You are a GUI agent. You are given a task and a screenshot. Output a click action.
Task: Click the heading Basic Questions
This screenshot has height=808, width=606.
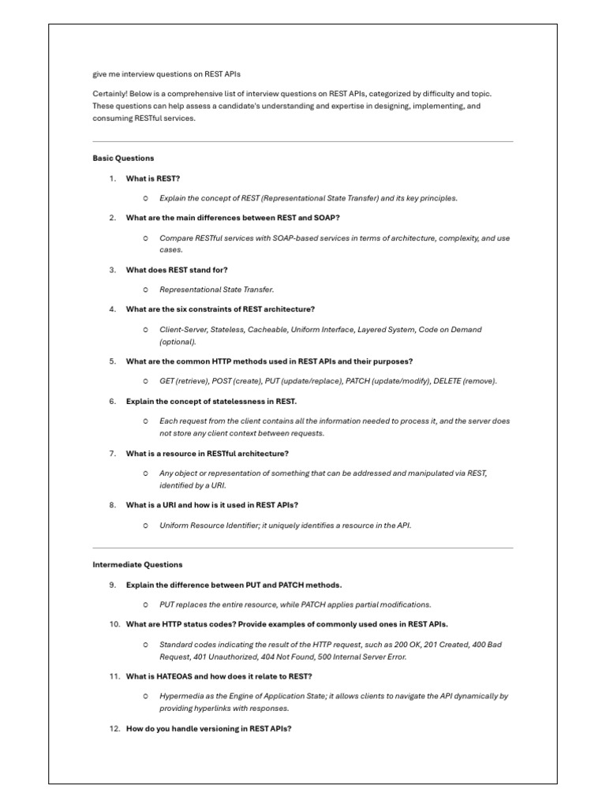123,159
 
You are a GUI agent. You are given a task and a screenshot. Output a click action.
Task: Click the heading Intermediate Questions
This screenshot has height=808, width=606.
137,565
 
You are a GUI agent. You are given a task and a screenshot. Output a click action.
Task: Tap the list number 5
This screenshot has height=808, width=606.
113,361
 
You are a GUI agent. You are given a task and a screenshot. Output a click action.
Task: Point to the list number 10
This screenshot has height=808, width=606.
114,624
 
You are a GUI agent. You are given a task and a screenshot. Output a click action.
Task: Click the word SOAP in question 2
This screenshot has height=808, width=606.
329,218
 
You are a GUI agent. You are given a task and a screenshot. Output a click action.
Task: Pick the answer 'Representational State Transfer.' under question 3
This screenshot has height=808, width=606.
217,290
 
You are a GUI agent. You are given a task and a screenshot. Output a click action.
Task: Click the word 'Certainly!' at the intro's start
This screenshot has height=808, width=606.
110,94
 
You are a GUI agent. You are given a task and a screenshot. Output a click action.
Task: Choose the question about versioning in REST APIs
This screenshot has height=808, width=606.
209,728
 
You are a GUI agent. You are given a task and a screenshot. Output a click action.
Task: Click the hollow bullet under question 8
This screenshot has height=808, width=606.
146,525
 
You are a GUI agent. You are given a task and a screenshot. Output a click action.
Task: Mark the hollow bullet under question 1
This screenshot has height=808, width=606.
146,199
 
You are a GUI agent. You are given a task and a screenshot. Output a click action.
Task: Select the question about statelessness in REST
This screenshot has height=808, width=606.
211,402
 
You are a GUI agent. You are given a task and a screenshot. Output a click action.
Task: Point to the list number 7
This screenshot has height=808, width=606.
113,454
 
